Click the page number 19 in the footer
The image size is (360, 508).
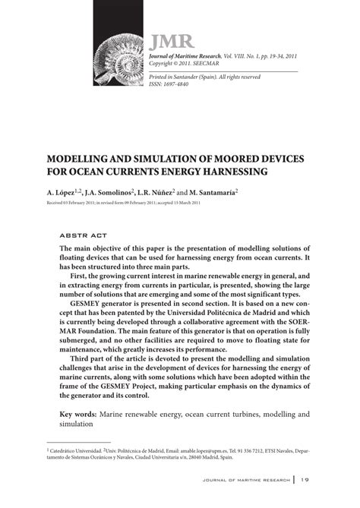coord(305,480)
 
